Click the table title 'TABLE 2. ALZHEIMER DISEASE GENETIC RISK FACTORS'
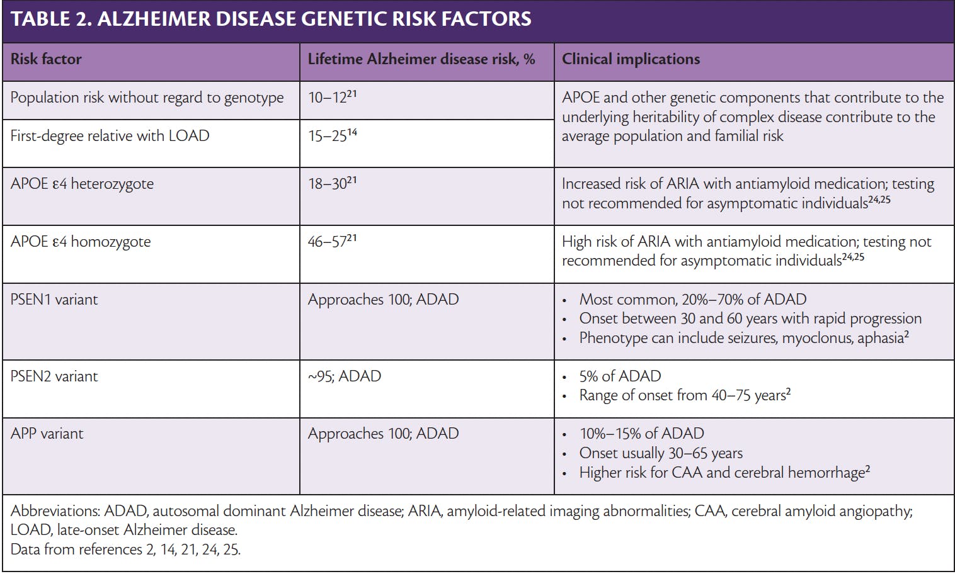tap(271, 20)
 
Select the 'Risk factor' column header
tap(46, 60)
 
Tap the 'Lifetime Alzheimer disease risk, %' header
tap(421, 60)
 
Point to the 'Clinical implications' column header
tap(631, 60)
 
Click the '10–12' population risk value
tap(328, 98)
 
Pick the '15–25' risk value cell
tap(328, 137)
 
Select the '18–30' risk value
tap(328, 184)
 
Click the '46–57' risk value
tap(328, 242)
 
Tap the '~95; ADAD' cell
tap(345, 376)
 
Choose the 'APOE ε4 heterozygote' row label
tap(82, 184)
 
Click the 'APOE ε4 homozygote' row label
tap(81, 242)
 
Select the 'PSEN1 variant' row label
tap(54, 300)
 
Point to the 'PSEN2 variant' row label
tap(54, 376)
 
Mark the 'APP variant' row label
tap(47, 434)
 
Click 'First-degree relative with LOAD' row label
tap(110, 137)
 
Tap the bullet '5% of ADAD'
tap(620, 376)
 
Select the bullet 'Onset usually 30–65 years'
tap(661, 453)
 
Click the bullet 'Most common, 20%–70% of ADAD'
tap(692, 300)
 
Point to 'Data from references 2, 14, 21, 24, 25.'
tap(125, 549)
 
